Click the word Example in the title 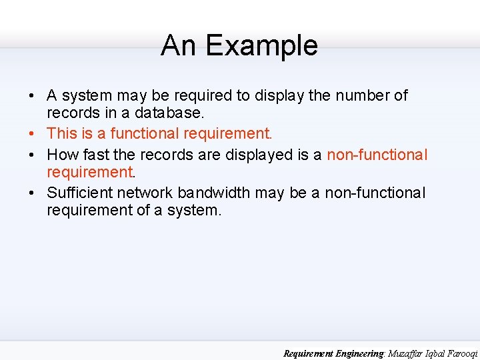coord(261,46)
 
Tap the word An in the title coord(179,46)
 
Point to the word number coord(363,95)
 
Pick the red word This coord(61,133)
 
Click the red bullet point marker coord(32,134)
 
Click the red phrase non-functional coord(377,155)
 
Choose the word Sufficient coord(79,193)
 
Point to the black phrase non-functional coord(374,193)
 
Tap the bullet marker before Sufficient coord(32,193)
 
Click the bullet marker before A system coord(32,96)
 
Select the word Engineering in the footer coord(359,353)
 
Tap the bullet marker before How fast coord(32,155)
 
